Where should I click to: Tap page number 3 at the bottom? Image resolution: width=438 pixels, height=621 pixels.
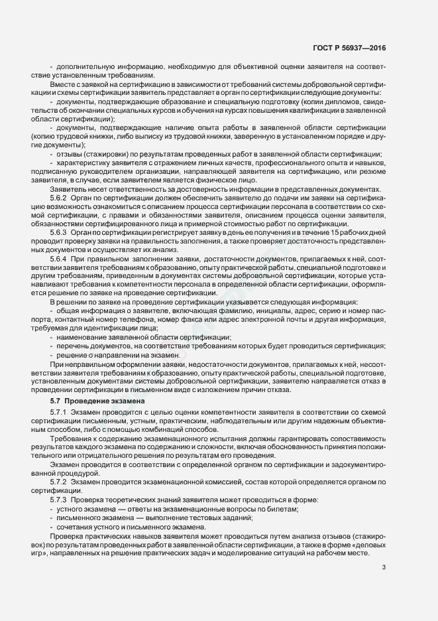[x=384, y=567]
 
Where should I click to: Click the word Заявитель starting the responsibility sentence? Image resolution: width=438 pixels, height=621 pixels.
[x=68, y=189]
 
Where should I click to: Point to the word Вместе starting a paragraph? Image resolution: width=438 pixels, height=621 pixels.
[x=63, y=85]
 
